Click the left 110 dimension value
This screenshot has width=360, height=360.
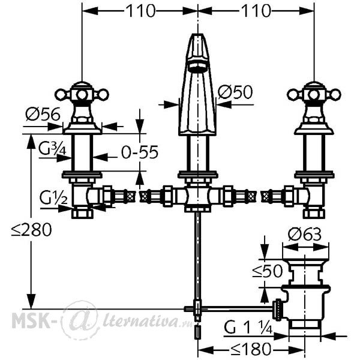[141, 11]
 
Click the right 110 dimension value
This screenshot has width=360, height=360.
[257, 11]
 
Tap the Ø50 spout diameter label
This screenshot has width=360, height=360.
[235, 92]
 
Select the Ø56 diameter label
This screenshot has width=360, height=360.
[43, 114]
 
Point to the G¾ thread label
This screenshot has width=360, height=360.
[53, 149]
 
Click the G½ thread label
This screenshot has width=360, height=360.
[53, 197]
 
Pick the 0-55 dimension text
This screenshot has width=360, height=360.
[140, 152]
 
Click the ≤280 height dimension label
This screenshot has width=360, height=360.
[32, 230]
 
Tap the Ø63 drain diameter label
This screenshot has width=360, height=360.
[305, 235]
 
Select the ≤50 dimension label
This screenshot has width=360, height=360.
[268, 271]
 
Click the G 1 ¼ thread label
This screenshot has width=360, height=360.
[248, 327]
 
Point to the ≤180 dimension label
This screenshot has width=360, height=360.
[251, 349]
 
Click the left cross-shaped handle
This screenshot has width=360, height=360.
[82, 94]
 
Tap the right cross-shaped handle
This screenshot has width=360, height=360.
[314, 94]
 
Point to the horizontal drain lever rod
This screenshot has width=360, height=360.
[236, 309]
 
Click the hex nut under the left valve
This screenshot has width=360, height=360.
[82, 214]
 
